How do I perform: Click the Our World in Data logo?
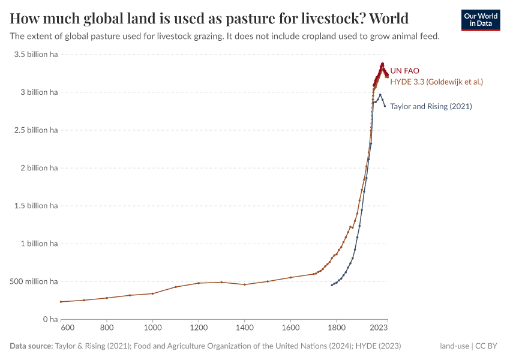[480, 20]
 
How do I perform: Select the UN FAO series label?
[404, 71]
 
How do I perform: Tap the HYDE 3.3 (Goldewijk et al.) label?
[436, 82]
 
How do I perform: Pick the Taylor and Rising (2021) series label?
[431, 106]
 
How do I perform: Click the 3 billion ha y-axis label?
[37, 92]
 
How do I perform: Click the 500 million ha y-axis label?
[33, 281]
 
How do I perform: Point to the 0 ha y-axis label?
[49, 319]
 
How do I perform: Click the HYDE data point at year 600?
[61, 302]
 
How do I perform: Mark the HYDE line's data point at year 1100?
[176, 287]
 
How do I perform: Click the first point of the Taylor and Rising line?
[332, 285]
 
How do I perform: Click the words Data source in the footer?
[31, 346]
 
